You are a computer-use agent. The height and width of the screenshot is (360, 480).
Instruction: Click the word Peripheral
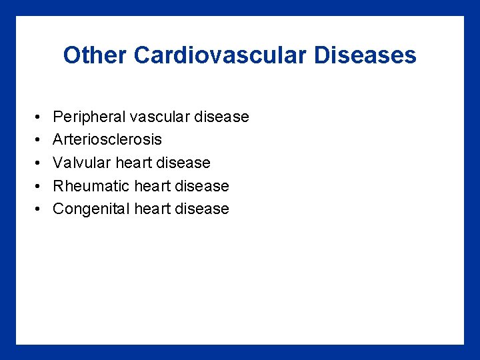(x=89, y=117)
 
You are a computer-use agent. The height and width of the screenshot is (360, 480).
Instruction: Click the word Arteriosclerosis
(x=107, y=140)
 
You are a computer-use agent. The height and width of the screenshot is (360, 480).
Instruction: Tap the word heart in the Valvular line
(x=133, y=163)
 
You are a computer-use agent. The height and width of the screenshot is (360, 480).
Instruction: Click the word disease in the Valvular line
(x=183, y=163)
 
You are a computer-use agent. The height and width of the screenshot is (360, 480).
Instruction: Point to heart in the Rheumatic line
(x=152, y=186)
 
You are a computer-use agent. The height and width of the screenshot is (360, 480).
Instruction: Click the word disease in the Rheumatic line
(x=202, y=186)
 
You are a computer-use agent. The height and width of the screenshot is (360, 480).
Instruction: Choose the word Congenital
(x=91, y=209)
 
